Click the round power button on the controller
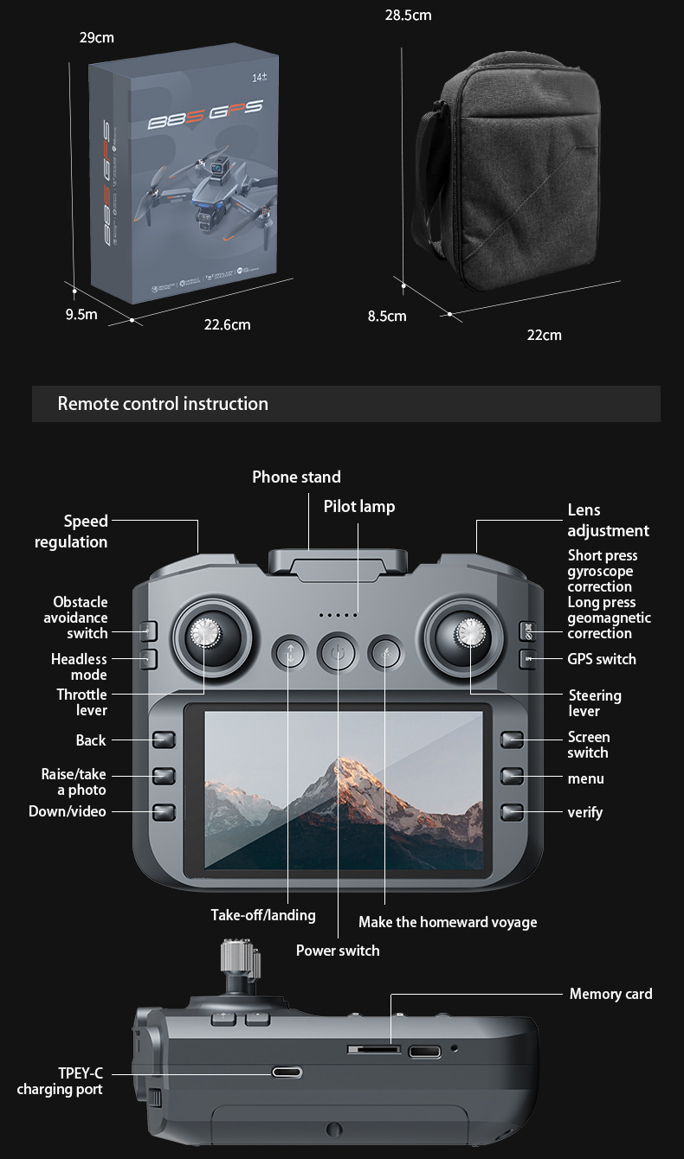[x=338, y=653]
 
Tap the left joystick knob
[x=206, y=634]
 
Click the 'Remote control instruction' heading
[x=163, y=404]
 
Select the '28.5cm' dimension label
[x=408, y=16]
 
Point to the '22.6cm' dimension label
[x=227, y=324]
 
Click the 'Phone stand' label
[x=296, y=477]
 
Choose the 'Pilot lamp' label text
[x=359, y=507]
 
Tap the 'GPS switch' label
[x=602, y=659]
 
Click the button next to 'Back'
[x=165, y=740]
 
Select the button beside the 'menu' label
[x=513, y=778]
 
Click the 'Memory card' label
[x=610, y=994]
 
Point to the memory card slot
[x=374, y=1049]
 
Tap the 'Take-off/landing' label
[x=263, y=915]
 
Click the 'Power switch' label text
[x=338, y=951]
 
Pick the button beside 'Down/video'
[x=165, y=812]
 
